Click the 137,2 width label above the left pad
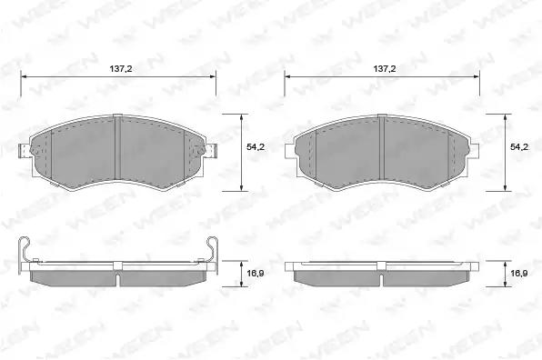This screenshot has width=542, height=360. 121,69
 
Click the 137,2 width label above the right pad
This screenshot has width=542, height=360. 385,69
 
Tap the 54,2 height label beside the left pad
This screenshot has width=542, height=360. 256,147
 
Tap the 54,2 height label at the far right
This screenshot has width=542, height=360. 519,147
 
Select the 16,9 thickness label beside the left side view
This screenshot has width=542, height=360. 256,274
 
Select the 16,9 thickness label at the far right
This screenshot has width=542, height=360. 519,274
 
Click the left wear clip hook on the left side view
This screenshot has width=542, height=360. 25,249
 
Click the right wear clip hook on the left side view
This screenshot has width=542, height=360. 212,249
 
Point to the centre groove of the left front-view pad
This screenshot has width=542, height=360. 116,147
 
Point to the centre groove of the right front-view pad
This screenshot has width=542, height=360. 382,147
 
